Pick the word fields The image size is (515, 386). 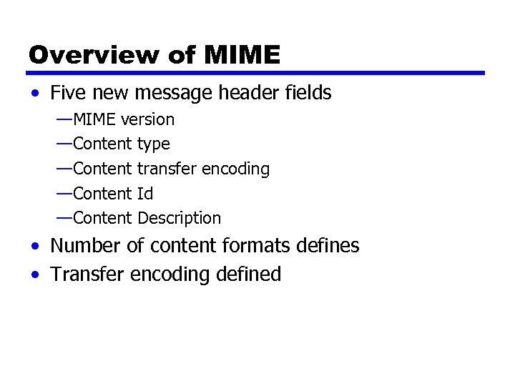tap(309, 93)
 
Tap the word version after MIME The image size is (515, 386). tap(147, 119)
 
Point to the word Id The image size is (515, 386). tap(144, 194)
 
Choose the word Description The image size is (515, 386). tap(179, 218)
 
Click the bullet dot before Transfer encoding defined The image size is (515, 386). tap(35, 275)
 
